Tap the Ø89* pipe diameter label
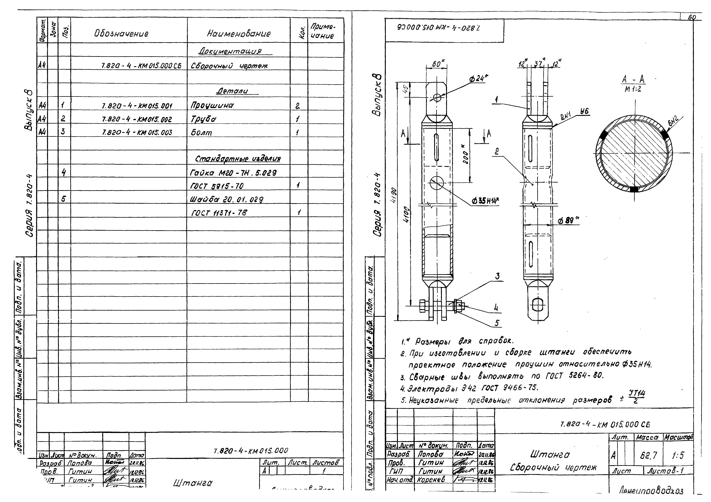tap(567, 221)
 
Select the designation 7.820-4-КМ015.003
tap(137, 133)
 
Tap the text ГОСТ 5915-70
tap(217, 186)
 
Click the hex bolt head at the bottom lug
tap(423, 306)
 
